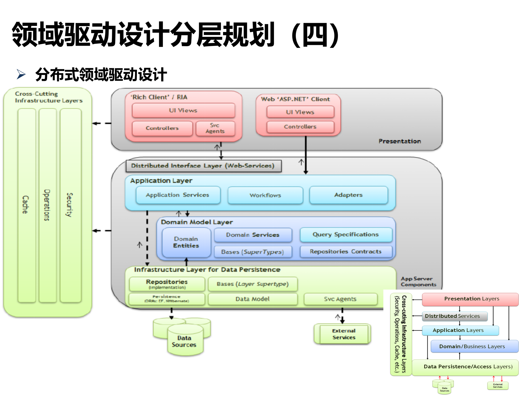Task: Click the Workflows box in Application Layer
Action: click(265, 195)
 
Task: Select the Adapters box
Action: click(348, 195)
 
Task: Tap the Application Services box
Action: click(178, 195)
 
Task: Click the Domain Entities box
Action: click(186, 242)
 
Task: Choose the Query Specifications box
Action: click(346, 235)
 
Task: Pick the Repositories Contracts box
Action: click(346, 252)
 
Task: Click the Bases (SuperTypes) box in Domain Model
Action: click(252, 252)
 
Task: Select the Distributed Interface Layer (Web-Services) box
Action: click(203, 166)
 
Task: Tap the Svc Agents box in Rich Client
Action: click(215, 128)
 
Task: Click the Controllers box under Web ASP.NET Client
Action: click(300, 127)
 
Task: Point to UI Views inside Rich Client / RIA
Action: click(183, 110)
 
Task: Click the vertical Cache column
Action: click(26, 205)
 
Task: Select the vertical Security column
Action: click(70, 205)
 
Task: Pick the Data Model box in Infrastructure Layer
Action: click(252, 299)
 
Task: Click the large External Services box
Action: click(344, 334)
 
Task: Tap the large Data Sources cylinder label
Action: click(184, 341)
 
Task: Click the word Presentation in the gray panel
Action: click(400, 141)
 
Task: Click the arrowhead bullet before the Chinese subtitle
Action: click(21, 74)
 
